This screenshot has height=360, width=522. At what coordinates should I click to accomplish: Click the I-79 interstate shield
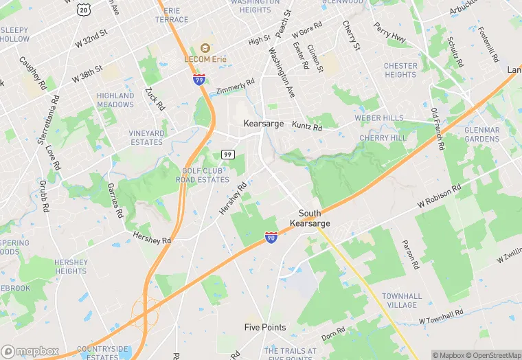198,79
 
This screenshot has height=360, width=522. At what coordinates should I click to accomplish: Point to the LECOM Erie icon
204,47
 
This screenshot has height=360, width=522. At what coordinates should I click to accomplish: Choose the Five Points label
265,328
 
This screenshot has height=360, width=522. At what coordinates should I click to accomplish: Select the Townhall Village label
402,300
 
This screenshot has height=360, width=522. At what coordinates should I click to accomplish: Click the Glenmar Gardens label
481,134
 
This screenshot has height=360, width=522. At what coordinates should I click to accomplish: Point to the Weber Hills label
379,118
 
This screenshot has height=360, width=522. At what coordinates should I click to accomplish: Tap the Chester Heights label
400,70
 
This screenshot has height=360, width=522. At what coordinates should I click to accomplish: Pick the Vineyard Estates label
146,138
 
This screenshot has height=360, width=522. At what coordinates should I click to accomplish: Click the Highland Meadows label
115,100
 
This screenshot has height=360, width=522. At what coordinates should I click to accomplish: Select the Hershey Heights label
71,267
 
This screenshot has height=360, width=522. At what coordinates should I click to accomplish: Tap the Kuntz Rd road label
306,127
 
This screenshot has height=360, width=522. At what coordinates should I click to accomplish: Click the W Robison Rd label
443,196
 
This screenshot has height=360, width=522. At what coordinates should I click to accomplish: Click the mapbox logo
30,351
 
